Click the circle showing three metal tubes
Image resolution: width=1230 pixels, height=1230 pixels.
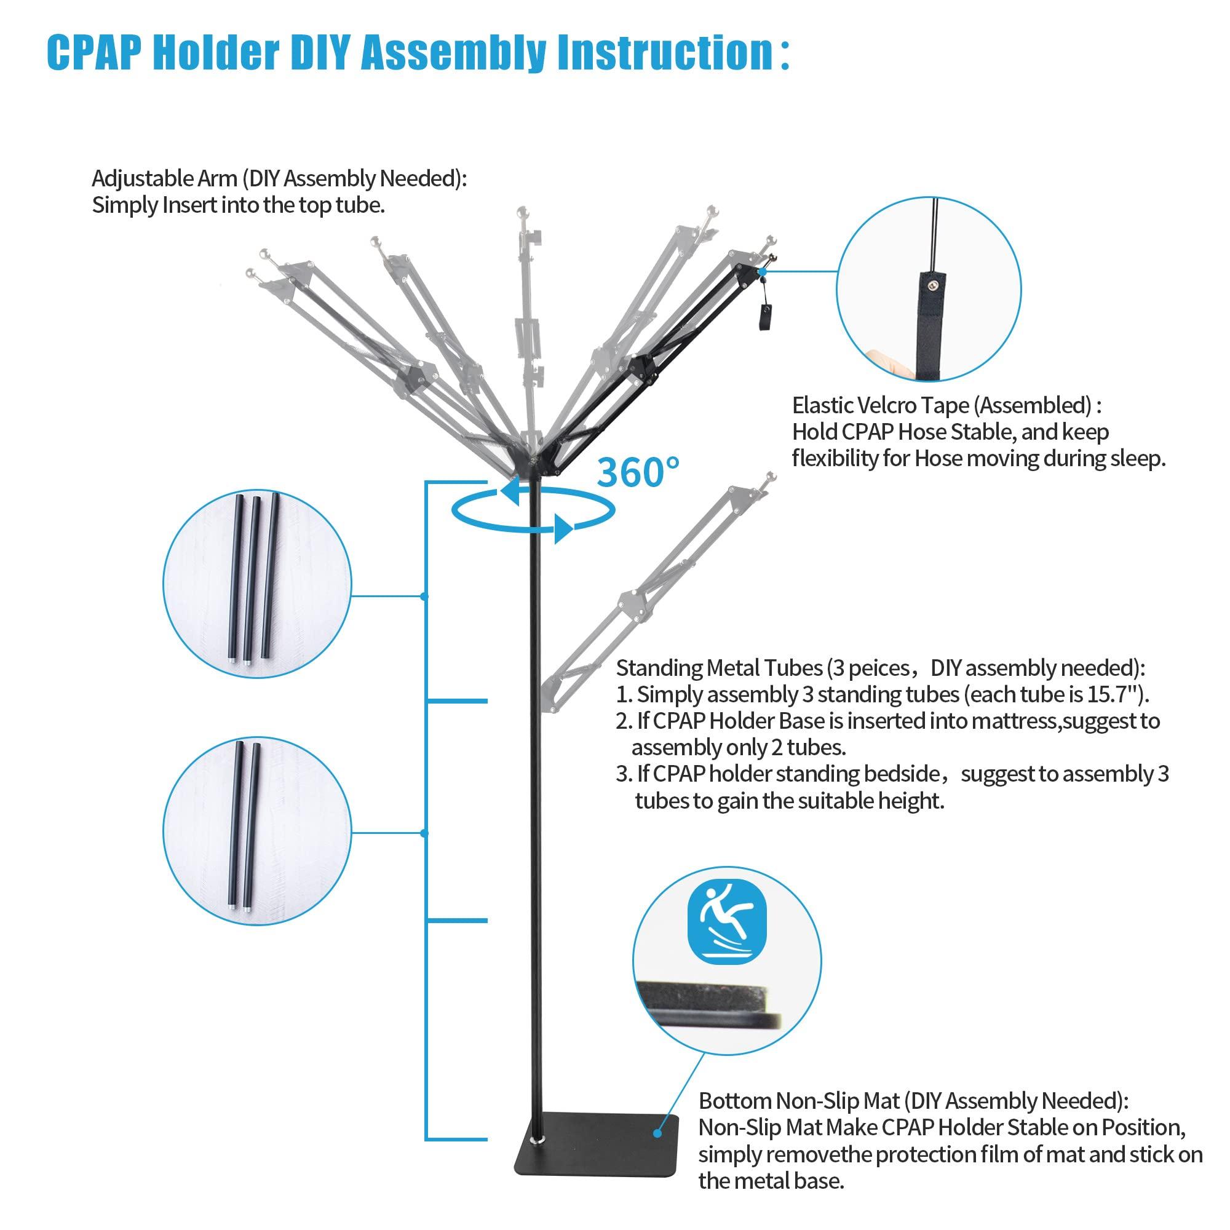(x=256, y=584)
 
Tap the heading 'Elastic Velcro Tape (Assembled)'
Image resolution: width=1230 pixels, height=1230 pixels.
(x=946, y=405)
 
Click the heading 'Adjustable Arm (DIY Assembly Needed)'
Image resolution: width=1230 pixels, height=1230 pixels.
(x=279, y=179)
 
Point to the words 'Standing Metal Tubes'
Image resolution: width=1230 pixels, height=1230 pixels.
(x=720, y=668)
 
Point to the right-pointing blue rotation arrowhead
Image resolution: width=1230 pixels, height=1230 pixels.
(x=563, y=529)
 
